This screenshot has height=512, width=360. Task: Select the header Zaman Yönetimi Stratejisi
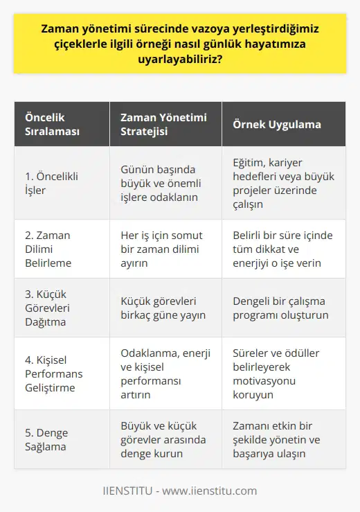(159, 124)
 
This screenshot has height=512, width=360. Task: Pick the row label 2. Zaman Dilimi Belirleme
(48, 249)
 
